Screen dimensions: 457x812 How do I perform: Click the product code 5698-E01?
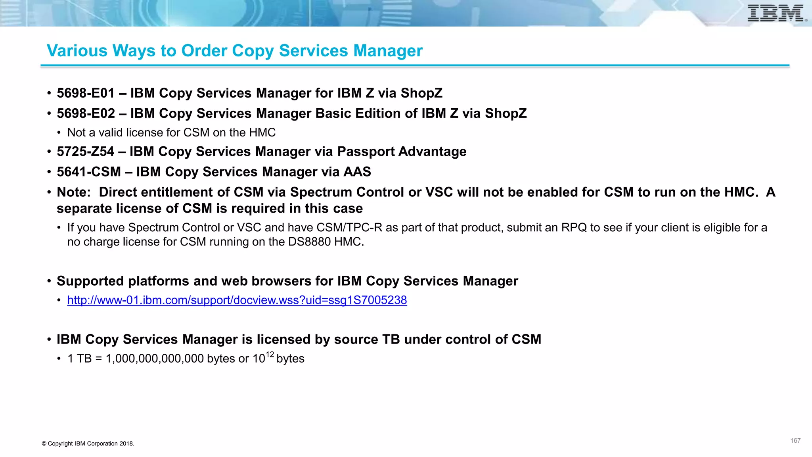pyautogui.click(x=86, y=93)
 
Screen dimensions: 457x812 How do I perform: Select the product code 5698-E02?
pyautogui.click(x=86, y=113)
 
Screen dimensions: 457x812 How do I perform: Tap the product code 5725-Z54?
pyautogui.click(x=85, y=152)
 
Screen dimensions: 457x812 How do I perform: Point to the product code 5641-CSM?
pyautogui.click(x=89, y=172)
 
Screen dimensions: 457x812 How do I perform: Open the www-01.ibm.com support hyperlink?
pyautogui.click(x=237, y=300)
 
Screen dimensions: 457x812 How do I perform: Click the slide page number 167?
pyautogui.click(x=795, y=441)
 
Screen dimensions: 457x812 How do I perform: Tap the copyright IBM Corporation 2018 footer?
pyautogui.click(x=88, y=444)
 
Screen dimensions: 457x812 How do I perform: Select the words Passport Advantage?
pyautogui.click(x=402, y=152)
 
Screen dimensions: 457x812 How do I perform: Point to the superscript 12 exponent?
pyautogui.click(x=270, y=354)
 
